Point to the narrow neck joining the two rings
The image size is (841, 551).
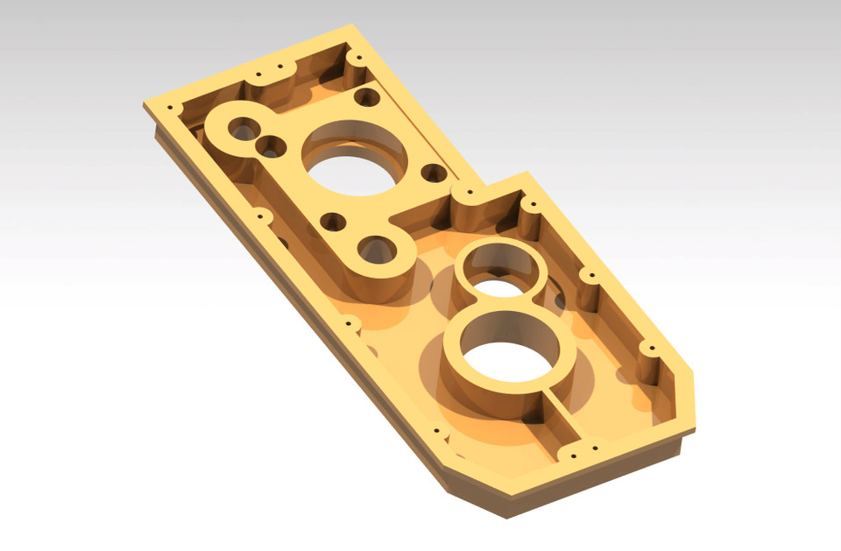(505, 300)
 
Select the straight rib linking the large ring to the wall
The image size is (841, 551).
(561, 420)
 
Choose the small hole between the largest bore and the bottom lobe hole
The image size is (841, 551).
(332, 223)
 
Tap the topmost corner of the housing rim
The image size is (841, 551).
(351, 26)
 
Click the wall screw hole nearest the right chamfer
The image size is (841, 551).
(649, 350)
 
